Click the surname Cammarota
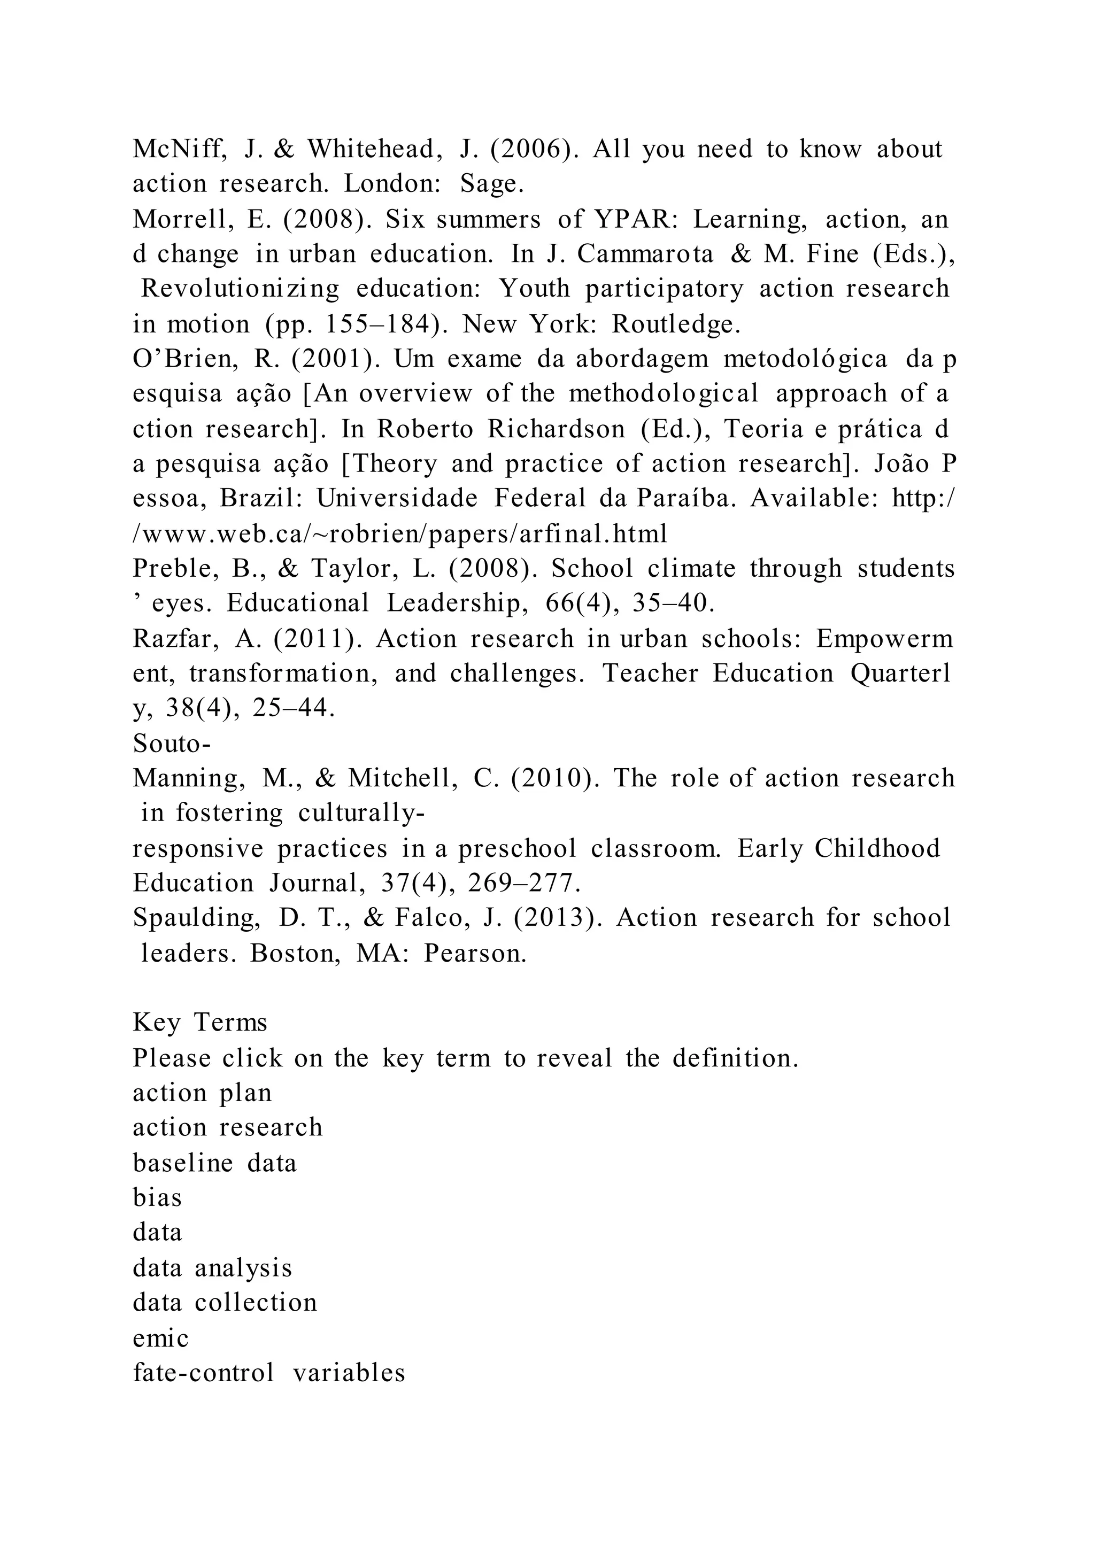click(645, 254)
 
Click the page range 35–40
click(674, 603)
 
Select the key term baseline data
click(214, 1163)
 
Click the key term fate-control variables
click(269, 1373)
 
